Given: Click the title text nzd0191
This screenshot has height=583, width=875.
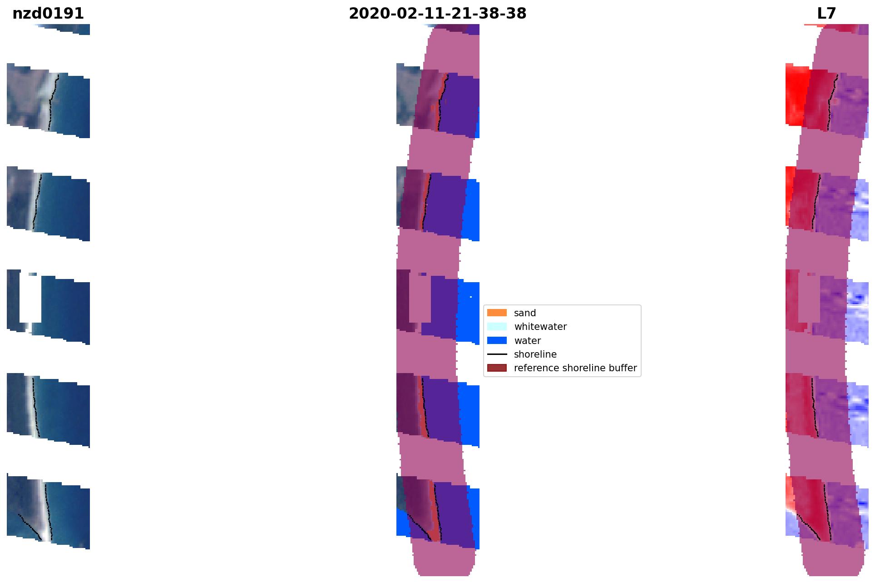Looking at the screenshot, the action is coord(48,14).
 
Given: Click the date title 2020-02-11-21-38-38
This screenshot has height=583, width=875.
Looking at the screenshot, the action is coord(437,14).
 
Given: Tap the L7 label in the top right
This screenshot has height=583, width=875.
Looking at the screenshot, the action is coord(826,14).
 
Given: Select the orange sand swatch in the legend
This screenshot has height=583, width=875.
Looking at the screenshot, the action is coord(497,313).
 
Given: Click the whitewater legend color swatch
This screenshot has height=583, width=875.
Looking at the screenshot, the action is coord(497,326).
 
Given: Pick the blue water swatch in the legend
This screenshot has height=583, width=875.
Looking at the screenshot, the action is coord(497,340).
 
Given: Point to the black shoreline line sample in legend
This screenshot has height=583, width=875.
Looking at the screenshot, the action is coord(497,354).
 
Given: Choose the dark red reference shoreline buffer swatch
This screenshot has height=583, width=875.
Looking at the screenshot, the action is coord(497,368).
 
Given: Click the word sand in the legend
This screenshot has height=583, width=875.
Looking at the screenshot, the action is coord(525,313).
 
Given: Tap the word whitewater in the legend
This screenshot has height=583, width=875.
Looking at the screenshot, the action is coord(540,327).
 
